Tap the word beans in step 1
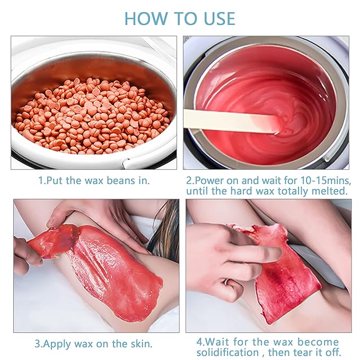121,180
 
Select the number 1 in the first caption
41,180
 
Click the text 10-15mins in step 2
326,181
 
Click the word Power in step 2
209,181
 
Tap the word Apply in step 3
57,345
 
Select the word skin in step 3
141,344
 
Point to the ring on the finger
226,282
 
